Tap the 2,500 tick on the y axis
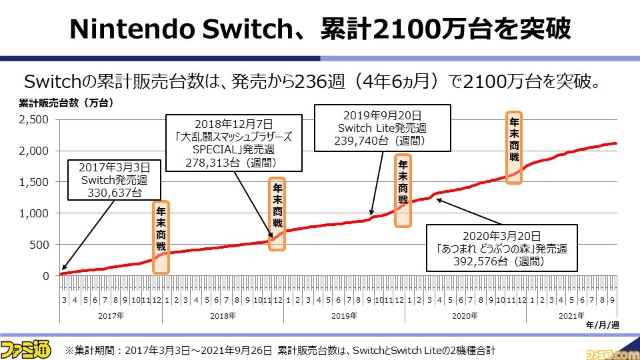point(35,119)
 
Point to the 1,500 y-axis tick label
point(35,182)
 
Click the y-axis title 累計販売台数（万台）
point(66,103)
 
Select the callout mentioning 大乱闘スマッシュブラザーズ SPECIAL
point(235,143)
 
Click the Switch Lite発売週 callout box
point(381,127)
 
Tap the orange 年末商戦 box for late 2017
point(161,237)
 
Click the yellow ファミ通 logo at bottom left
point(28,349)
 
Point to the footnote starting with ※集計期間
point(280,349)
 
